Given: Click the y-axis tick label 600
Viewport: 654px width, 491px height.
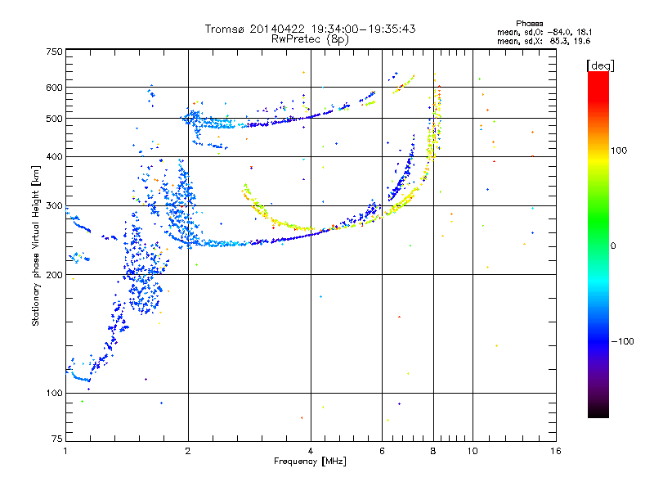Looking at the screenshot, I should coord(54,88).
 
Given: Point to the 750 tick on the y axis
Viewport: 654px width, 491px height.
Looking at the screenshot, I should coord(54,51).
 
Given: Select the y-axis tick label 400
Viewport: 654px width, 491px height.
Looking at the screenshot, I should coord(54,156).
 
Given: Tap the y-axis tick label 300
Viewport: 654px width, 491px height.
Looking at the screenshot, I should coord(54,205).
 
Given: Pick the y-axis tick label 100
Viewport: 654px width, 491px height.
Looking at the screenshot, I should coord(54,394).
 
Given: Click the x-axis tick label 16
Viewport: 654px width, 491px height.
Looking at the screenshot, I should coord(555,451).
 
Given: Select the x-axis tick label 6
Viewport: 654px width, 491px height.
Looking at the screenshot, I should coord(383,451).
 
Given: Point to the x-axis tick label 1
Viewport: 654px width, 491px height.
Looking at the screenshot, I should coord(65,451).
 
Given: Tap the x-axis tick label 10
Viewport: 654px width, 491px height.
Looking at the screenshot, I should coord(473,451).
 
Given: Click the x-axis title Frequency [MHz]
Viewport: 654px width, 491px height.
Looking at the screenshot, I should coord(310,462).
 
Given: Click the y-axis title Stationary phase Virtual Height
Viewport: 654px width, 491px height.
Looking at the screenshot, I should coord(36,245).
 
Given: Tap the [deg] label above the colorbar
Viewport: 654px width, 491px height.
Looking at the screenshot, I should coord(600,65).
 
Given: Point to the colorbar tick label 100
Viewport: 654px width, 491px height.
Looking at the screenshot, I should coord(618,151).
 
